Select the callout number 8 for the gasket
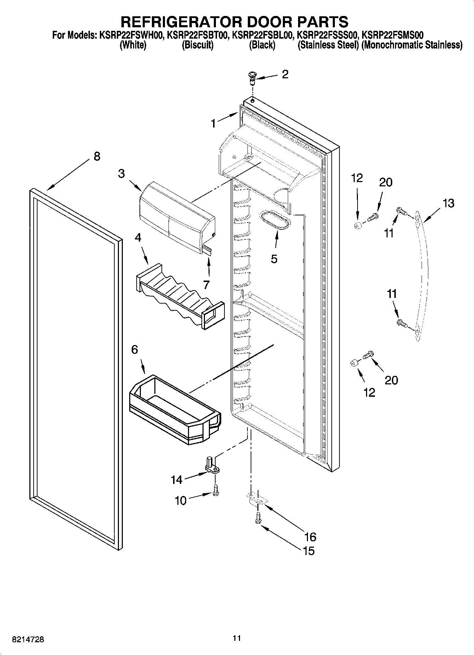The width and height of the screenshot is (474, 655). (97, 156)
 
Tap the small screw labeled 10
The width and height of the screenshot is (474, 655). (216, 491)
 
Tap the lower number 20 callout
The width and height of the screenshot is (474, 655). (391, 380)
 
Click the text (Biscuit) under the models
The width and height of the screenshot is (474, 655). (198, 45)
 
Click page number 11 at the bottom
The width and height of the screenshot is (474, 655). (237, 638)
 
